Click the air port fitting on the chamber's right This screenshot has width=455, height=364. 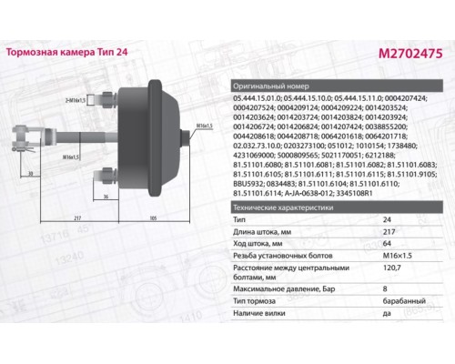coord(193,137)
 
